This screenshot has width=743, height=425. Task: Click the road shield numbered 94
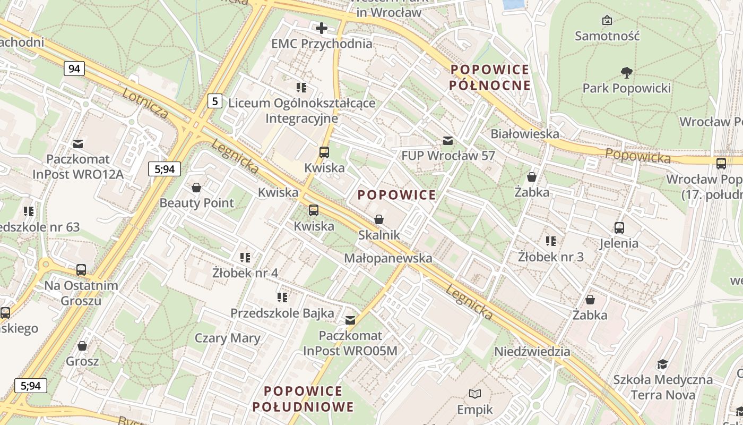(x=74, y=68)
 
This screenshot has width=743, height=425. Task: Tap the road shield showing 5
(x=214, y=100)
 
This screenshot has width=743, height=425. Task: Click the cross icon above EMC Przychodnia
(x=322, y=28)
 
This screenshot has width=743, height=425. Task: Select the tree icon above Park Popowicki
(x=626, y=72)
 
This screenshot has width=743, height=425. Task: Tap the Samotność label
(x=607, y=36)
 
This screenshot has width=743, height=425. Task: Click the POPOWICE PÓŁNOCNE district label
(x=489, y=77)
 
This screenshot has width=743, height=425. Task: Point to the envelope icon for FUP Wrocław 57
(x=448, y=141)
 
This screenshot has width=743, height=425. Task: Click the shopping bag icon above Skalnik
(x=379, y=219)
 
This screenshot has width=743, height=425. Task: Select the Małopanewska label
(x=388, y=258)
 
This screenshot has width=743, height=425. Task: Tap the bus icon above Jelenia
(x=619, y=228)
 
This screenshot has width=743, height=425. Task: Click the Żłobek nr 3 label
(x=550, y=257)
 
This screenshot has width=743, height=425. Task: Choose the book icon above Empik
(x=475, y=394)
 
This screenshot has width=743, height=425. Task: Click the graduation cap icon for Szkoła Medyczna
(x=662, y=364)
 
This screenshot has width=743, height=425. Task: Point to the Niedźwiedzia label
(x=532, y=351)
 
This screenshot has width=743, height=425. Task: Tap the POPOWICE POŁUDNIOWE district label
(x=303, y=399)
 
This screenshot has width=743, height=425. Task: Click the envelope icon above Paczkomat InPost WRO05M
(x=350, y=320)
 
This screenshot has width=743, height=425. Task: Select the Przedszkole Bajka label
(x=282, y=313)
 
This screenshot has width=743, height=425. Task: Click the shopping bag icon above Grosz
(x=82, y=346)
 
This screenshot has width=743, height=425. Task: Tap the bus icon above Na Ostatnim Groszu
(x=81, y=270)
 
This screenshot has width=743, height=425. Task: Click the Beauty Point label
(x=196, y=203)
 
